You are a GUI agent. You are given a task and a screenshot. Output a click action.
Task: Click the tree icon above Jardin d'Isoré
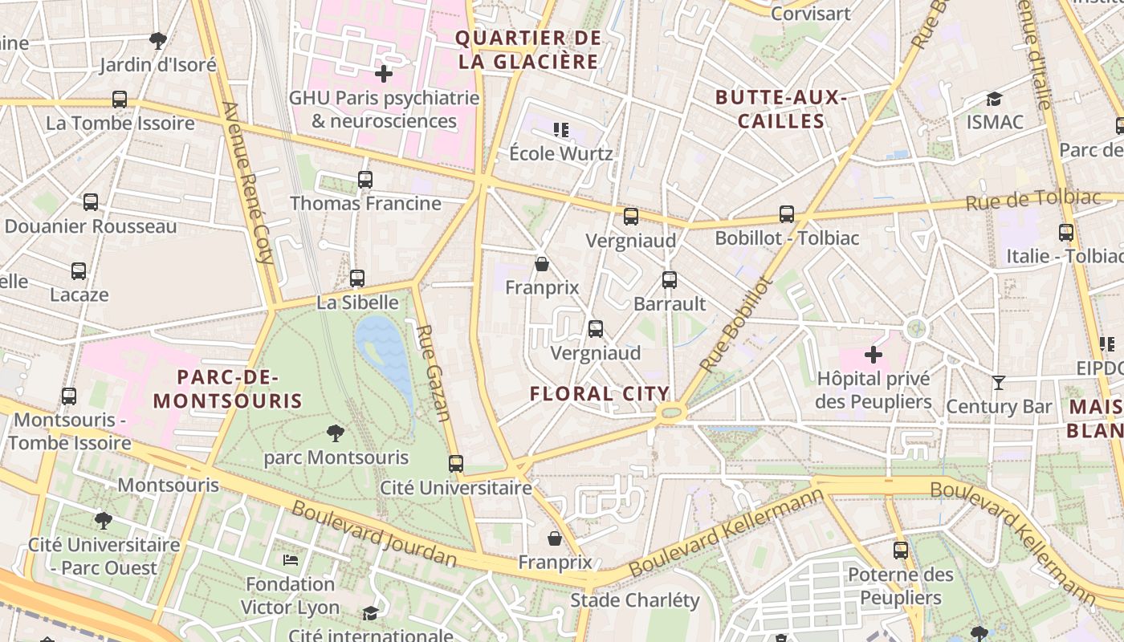(x=158, y=40)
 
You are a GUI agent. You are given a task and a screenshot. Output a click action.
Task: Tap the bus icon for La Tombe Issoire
(x=120, y=100)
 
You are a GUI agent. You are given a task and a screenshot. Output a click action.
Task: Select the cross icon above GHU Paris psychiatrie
(x=384, y=74)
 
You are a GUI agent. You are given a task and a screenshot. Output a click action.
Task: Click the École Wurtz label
(x=561, y=153)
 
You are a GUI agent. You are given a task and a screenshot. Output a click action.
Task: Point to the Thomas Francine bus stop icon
(x=365, y=179)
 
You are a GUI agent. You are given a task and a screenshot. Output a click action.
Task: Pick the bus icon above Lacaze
(x=79, y=271)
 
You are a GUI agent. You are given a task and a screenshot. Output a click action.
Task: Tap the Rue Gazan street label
(x=432, y=372)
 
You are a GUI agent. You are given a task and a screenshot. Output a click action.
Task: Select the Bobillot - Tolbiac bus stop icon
(x=787, y=214)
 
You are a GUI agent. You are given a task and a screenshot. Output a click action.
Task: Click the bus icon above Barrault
(x=670, y=280)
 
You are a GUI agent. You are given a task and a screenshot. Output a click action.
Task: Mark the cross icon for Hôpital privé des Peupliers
(x=874, y=354)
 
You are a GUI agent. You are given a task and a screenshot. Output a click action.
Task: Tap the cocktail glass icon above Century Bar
(x=999, y=383)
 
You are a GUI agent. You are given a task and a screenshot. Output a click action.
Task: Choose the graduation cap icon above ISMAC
(x=995, y=99)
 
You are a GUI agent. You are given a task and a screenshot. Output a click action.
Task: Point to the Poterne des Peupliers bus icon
(x=901, y=551)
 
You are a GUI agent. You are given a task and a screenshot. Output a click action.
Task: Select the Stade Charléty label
(x=634, y=600)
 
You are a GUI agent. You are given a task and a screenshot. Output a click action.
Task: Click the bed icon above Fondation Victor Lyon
(x=291, y=559)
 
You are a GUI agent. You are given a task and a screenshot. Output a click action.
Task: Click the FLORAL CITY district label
(x=600, y=393)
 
